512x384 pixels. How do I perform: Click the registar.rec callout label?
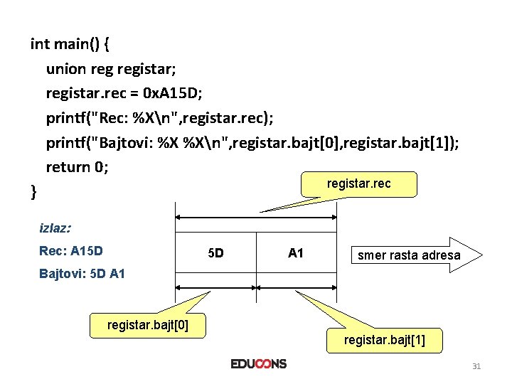point(358,184)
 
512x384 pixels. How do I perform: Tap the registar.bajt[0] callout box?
point(146,326)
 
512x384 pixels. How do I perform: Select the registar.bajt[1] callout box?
point(385,340)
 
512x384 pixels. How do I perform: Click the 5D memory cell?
point(215,253)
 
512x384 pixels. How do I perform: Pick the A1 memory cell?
point(296,252)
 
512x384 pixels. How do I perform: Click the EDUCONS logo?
point(258,364)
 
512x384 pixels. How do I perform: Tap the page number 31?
point(476,366)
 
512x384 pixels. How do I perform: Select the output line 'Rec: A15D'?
point(71,251)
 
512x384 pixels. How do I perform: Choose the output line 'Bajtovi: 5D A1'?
point(82,273)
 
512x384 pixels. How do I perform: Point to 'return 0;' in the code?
point(78,168)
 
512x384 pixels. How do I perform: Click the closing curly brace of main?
point(34,190)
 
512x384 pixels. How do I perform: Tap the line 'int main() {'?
point(70,44)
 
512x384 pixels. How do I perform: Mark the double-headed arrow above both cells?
point(256,218)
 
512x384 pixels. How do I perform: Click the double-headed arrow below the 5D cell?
point(215,287)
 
